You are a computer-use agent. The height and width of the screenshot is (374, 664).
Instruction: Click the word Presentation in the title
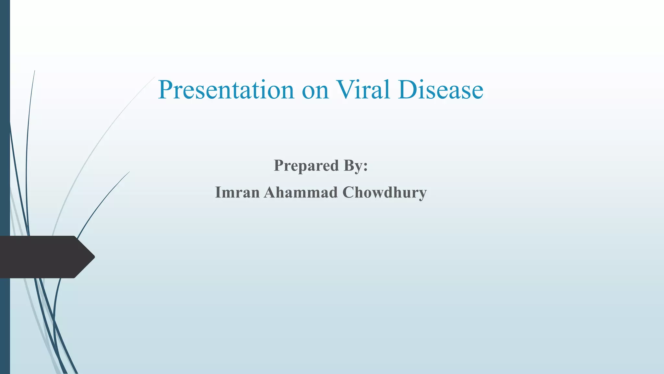226,90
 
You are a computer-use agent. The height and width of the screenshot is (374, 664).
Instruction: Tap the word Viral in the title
362,90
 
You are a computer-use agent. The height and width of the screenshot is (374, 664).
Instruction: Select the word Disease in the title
441,90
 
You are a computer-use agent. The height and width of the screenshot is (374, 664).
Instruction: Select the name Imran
237,193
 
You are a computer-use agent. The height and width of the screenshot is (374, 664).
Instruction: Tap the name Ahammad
301,193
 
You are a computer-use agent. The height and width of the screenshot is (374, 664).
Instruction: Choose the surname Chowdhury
385,193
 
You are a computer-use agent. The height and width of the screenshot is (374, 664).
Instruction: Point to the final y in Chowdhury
422,194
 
